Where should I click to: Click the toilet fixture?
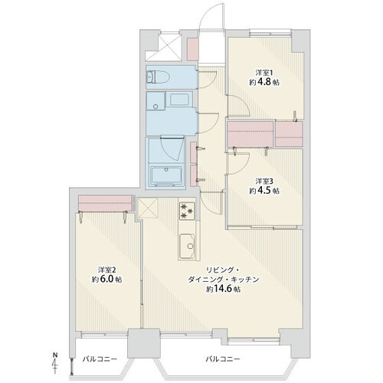158,77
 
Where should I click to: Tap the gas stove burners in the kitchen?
187,211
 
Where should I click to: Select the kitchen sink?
187,246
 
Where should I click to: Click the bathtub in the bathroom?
166,175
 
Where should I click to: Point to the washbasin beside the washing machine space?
155,101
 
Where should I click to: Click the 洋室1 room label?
264,73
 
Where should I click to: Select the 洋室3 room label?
264,182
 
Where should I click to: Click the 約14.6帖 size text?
224,289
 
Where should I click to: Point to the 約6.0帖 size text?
107,280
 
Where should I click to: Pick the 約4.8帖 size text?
264,83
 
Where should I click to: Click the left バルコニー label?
100,359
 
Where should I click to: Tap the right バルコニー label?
223,359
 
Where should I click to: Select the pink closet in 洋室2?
105,204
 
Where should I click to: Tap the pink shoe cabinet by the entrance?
193,49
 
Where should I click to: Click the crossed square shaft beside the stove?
147,208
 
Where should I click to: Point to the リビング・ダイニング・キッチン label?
224,275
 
